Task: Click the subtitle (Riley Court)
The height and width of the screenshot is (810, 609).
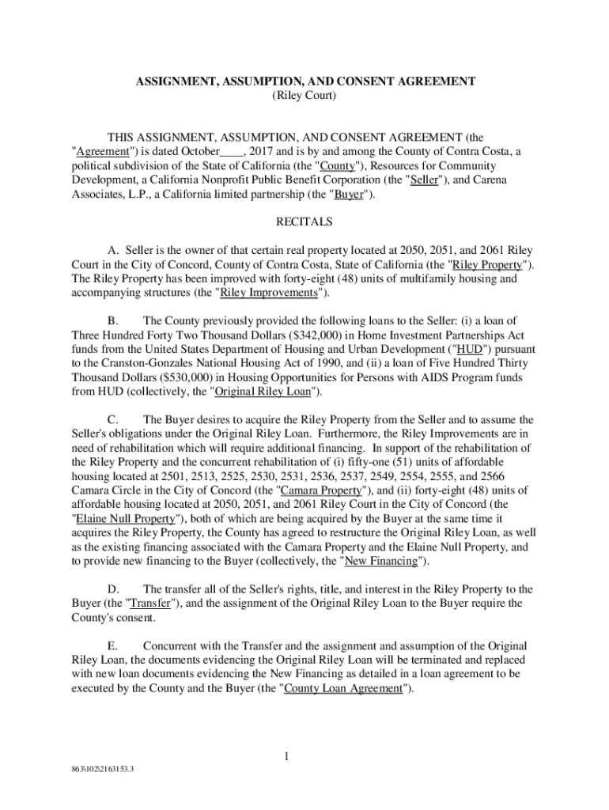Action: pos(304,97)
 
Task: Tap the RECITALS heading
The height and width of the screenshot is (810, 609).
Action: pos(304,221)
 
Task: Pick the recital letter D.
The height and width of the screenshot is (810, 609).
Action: pos(112,589)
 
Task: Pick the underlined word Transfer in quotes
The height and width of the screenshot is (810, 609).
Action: pos(148,604)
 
